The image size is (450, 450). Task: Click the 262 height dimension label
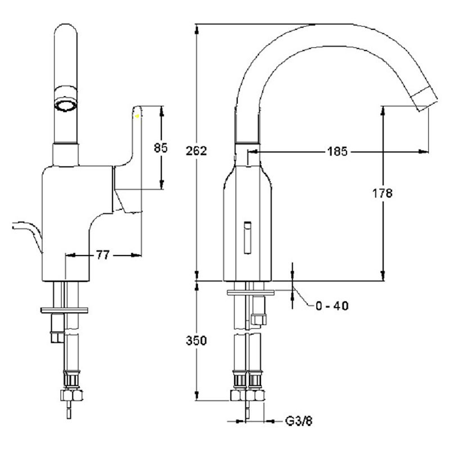[x=196, y=151]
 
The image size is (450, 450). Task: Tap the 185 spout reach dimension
[x=337, y=151]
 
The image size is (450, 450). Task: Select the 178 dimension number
[x=382, y=193]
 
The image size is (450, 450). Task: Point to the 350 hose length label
[x=196, y=341]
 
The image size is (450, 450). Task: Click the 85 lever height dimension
[x=161, y=148]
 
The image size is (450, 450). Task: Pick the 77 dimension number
[x=103, y=255]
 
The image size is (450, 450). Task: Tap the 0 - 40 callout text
[x=332, y=306]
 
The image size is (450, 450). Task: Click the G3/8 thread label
[x=299, y=421]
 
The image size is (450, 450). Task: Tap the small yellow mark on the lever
[x=137, y=116]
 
